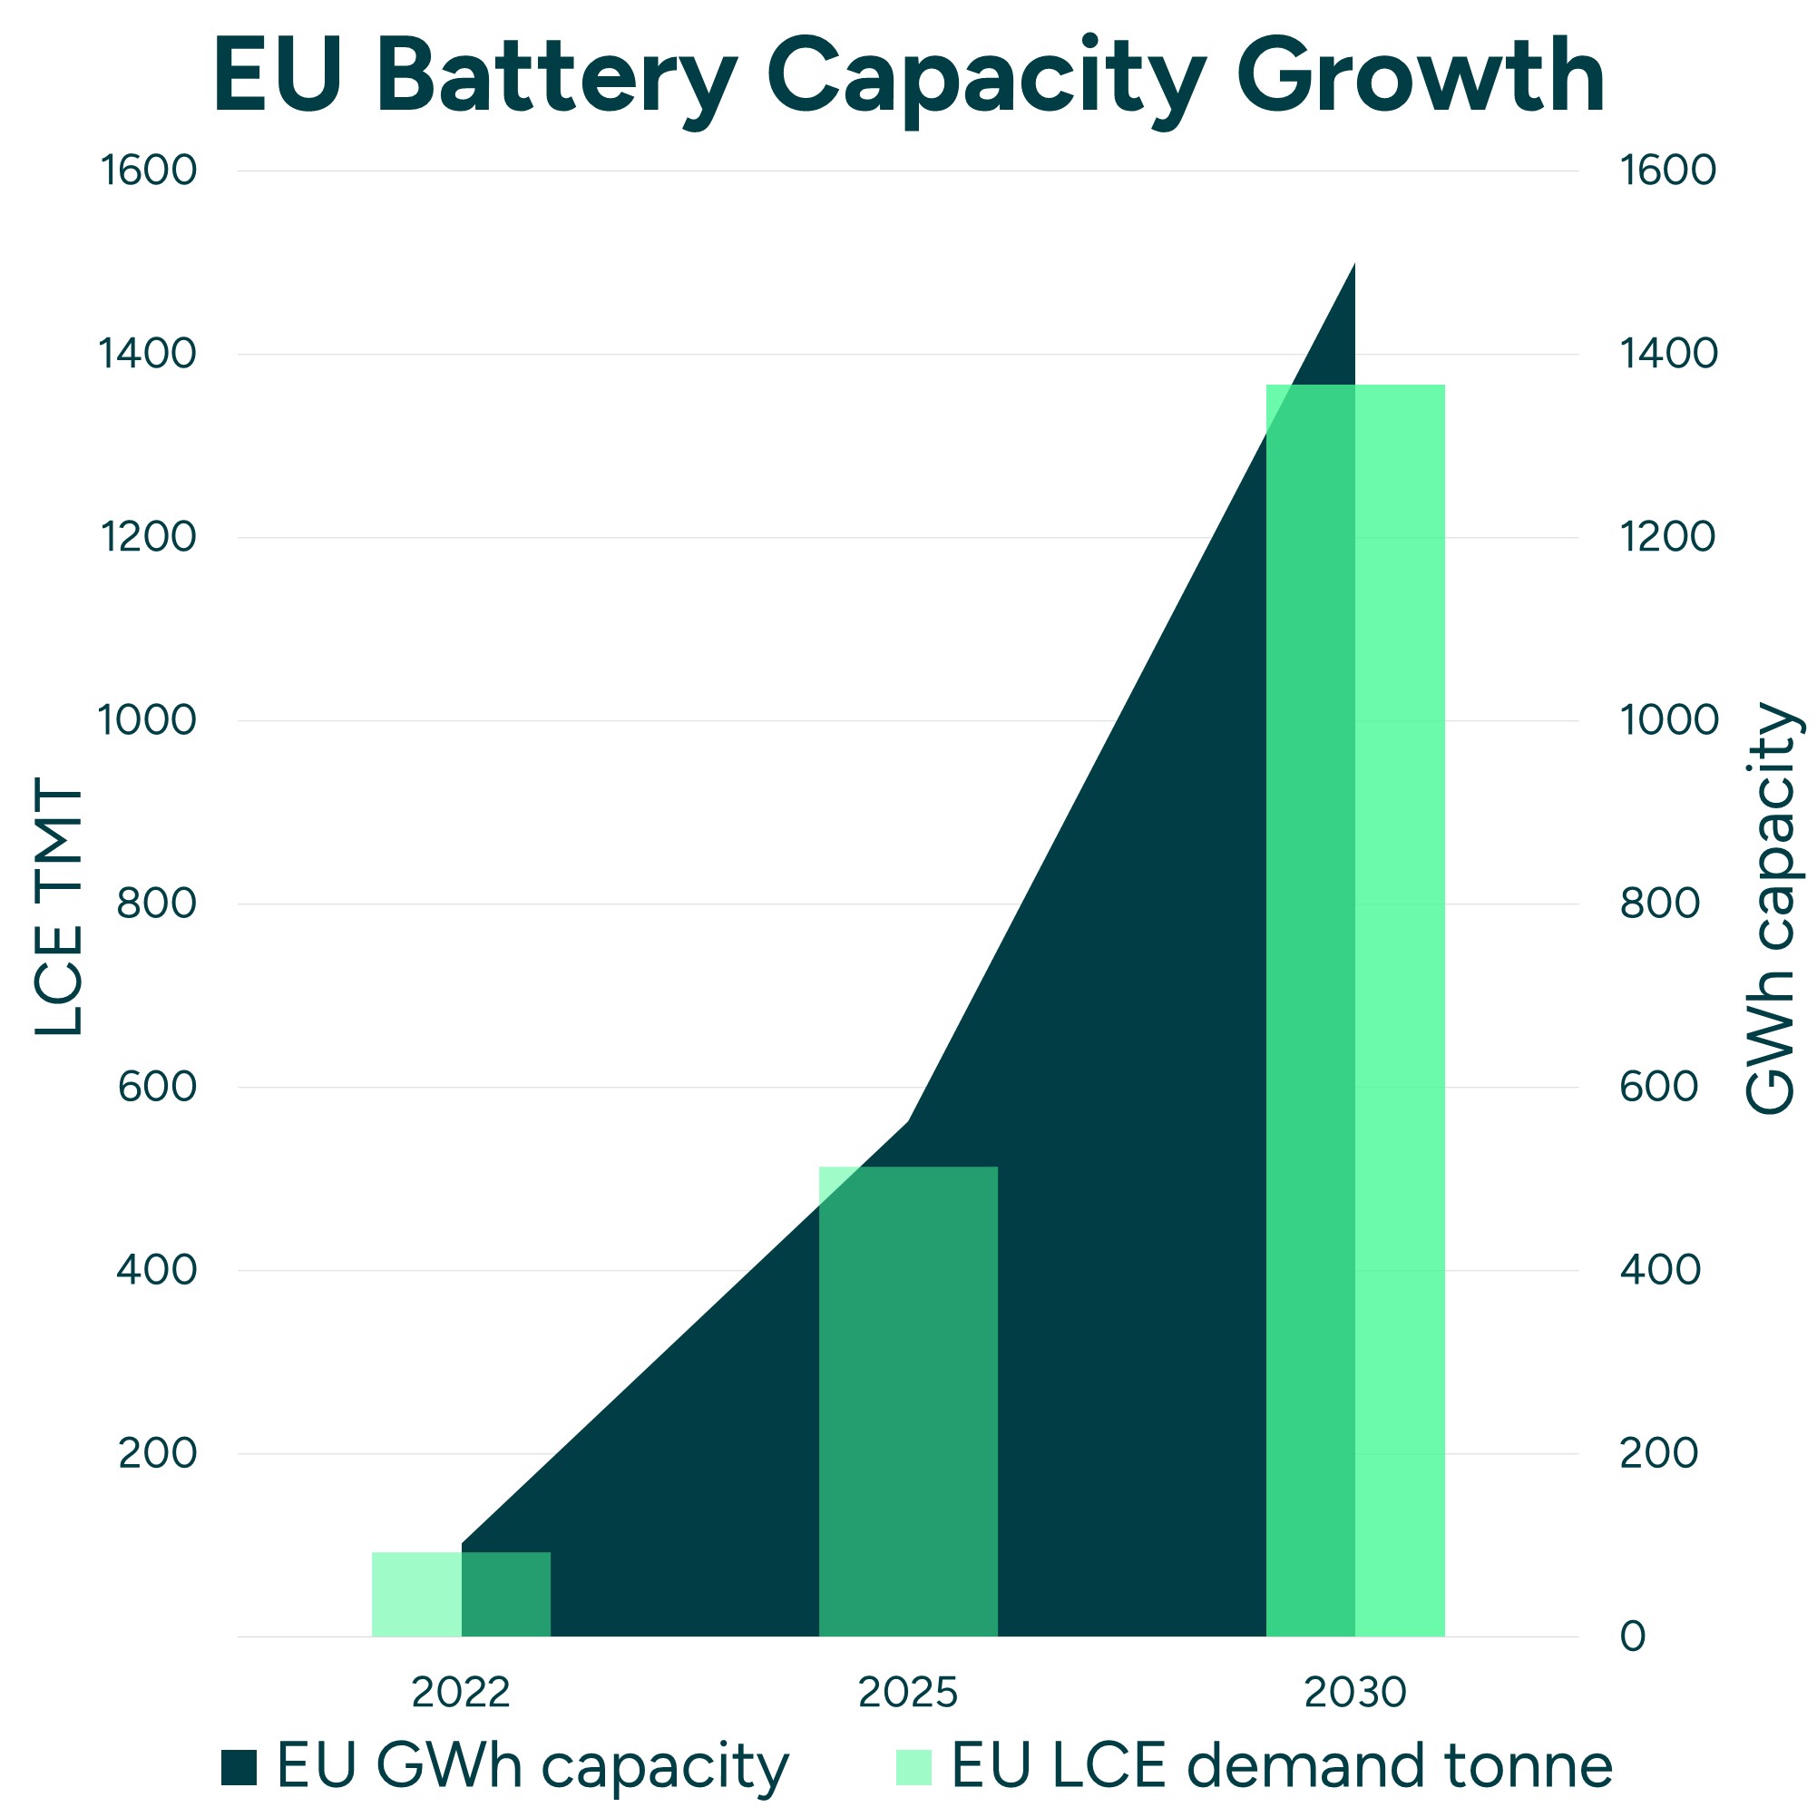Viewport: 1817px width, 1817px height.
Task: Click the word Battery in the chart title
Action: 555,77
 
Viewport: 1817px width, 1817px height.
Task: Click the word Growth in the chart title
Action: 1420,77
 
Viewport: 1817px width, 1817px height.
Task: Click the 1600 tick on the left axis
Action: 149,171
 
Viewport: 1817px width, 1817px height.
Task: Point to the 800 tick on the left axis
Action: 156,904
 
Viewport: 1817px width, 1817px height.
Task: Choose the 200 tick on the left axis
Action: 156,1453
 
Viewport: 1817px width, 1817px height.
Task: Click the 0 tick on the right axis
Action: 1633,1637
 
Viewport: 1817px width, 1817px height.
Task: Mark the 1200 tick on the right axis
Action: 1667,537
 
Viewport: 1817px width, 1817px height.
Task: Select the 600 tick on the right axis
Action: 1660,1087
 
